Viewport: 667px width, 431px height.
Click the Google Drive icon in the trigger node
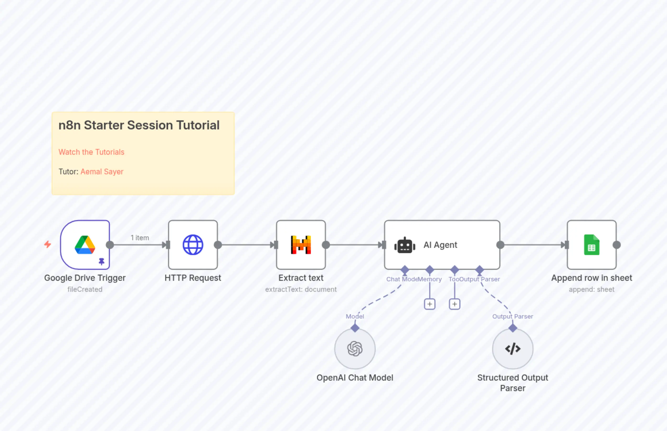(x=85, y=245)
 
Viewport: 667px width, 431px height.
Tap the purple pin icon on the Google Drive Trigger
(x=101, y=261)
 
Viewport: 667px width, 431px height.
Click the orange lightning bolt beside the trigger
(x=48, y=244)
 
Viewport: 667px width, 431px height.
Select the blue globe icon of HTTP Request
(x=193, y=245)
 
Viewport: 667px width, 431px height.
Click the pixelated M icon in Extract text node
(x=301, y=245)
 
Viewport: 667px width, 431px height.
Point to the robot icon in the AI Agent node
(x=405, y=245)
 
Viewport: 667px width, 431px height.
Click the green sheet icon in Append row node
(x=592, y=245)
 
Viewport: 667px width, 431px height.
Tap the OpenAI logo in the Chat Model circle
(x=355, y=349)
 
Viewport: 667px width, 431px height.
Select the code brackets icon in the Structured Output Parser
(x=513, y=349)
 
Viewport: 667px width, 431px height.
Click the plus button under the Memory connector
(x=430, y=304)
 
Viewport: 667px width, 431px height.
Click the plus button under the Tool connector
(x=455, y=304)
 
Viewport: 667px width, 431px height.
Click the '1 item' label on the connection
(x=140, y=238)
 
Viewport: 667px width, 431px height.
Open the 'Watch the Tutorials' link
(x=91, y=152)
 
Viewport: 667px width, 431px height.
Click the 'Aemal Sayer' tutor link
(x=102, y=171)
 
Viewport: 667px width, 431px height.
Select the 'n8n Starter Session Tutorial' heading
(x=139, y=125)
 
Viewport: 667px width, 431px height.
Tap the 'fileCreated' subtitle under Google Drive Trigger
(x=85, y=289)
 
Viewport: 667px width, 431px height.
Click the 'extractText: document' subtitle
(x=301, y=289)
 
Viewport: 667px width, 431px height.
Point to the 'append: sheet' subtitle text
(x=592, y=289)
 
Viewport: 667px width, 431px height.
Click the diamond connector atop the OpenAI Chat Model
(x=355, y=328)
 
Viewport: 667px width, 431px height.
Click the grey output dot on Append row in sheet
(x=617, y=245)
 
